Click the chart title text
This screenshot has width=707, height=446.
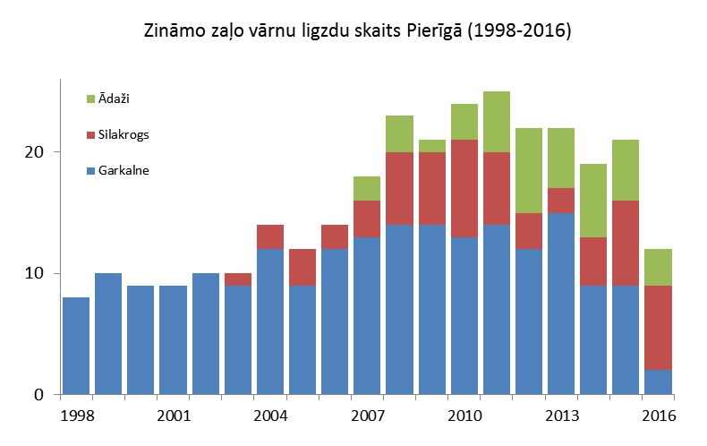point(357,31)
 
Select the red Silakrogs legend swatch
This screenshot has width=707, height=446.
point(90,134)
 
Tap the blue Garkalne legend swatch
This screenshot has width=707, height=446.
point(90,171)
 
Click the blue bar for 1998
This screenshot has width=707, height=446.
point(77,346)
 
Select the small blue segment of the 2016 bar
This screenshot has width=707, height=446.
point(659,382)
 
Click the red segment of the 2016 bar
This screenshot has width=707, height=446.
point(659,328)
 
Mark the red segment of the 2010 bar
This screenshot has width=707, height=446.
point(464,188)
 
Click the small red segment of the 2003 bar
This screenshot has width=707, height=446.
point(238,279)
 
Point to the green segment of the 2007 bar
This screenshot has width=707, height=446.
point(368,188)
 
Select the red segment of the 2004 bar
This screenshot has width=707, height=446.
point(270,237)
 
